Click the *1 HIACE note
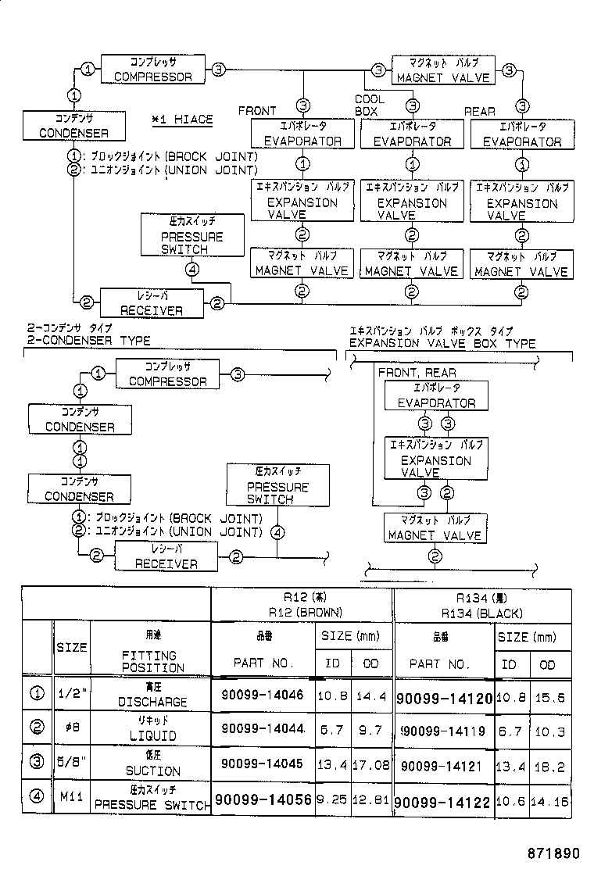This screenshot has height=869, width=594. click(x=182, y=119)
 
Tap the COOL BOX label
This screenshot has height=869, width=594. click(x=370, y=105)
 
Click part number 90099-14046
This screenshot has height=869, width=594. click(x=262, y=695)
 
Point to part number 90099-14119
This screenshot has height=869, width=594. click(x=443, y=731)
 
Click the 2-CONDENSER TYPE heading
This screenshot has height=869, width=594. click(x=88, y=342)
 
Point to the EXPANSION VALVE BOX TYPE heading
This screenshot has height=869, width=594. click(x=442, y=343)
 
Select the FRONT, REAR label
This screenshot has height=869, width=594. click(x=417, y=373)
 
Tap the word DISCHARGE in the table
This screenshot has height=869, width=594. click(x=152, y=702)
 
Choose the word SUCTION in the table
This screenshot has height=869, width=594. click(x=153, y=771)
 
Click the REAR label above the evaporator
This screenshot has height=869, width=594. click(x=480, y=112)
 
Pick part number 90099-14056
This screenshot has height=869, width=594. click(x=263, y=800)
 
